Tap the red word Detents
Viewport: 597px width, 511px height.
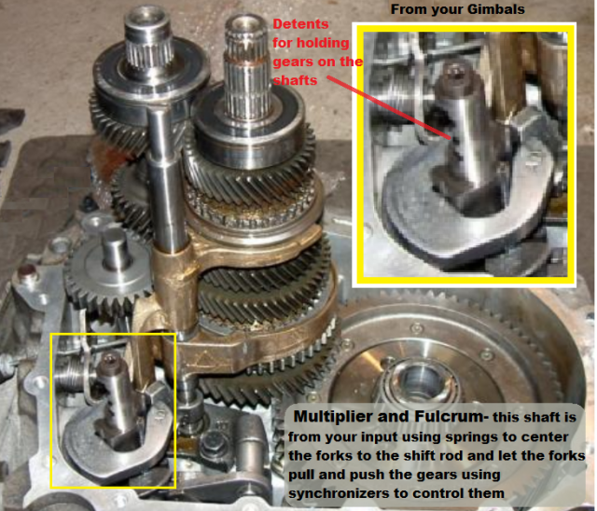click(x=300, y=24)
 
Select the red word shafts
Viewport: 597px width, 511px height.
click(x=295, y=80)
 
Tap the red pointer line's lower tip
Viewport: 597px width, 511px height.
click(x=450, y=139)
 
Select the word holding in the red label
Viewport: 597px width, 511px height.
click(x=324, y=43)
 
